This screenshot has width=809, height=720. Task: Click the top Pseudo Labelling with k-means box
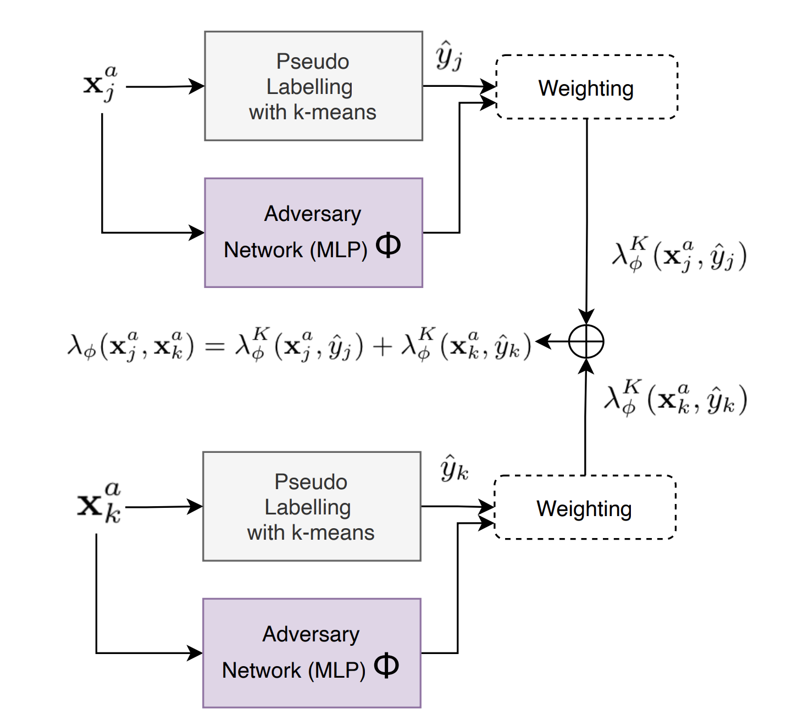(x=313, y=86)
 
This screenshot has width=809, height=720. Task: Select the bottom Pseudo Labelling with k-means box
(x=312, y=506)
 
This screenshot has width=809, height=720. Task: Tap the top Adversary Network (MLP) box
(x=313, y=232)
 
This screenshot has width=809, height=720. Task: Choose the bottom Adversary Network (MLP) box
(x=312, y=653)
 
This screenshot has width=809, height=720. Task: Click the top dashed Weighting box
(x=586, y=87)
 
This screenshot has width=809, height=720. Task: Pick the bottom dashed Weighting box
(x=585, y=507)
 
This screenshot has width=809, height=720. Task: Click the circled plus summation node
(x=586, y=341)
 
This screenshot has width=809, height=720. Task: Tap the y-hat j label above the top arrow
(x=449, y=56)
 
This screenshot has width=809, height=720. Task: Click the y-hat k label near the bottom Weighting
(x=454, y=469)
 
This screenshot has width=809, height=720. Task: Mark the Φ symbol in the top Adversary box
(x=388, y=245)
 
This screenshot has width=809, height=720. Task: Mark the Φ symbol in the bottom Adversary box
(x=386, y=666)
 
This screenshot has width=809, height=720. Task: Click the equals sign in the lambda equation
(x=214, y=346)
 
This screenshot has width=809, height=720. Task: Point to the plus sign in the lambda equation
(x=382, y=346)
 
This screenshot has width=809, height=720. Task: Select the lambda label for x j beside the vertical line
(x=679, y=256)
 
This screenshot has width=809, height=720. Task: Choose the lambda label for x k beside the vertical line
(x=675, y=398)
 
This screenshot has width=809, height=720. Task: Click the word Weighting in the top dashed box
(x=586, y=88)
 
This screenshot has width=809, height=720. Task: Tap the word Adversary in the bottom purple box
(x=311, y=634)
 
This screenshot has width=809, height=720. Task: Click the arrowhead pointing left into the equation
(x=542, y=341)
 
